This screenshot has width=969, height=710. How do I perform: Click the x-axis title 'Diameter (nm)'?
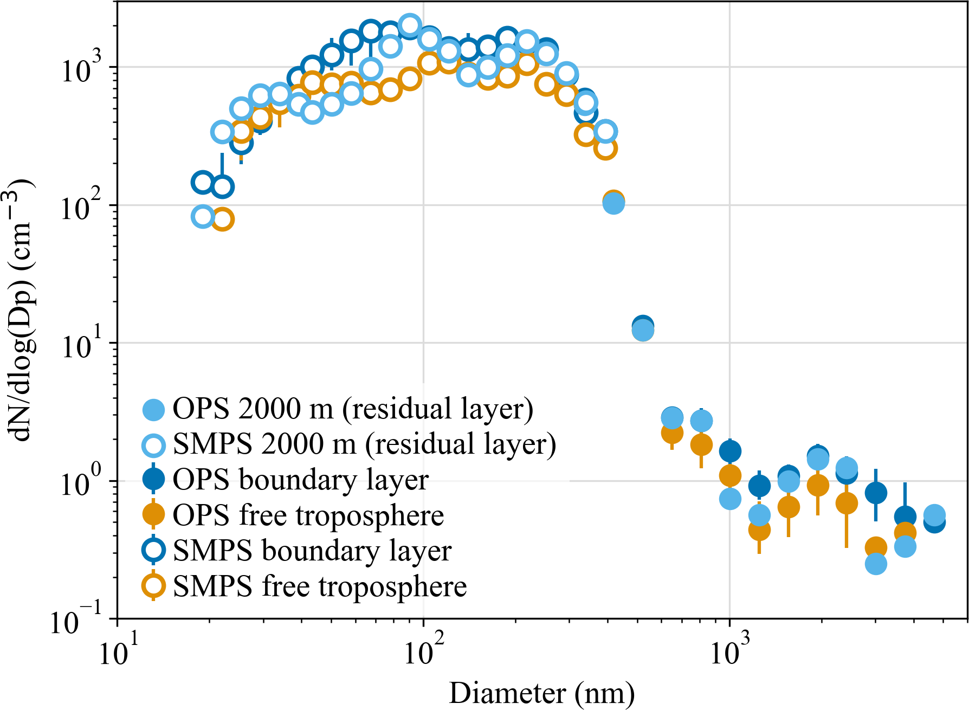tap(541, 693)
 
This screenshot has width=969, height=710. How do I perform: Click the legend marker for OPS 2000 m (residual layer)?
tap(153, 409)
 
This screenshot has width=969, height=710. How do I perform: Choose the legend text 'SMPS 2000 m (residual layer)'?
tap(364, 444)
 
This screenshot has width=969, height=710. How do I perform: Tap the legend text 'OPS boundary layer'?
tap(301, 480)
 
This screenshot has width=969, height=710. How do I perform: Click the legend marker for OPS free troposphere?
tap(153, 514)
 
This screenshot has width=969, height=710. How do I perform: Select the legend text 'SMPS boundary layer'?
tap(312, 551)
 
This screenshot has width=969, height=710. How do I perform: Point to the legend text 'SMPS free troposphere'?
tap(320, 587)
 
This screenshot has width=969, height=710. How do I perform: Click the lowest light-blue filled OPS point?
tap(876, 564)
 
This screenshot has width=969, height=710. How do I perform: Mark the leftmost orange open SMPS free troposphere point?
tap(222, 220)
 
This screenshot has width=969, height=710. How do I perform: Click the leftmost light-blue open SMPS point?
tap(203, 217)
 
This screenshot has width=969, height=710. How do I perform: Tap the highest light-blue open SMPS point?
tap(410, 25)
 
